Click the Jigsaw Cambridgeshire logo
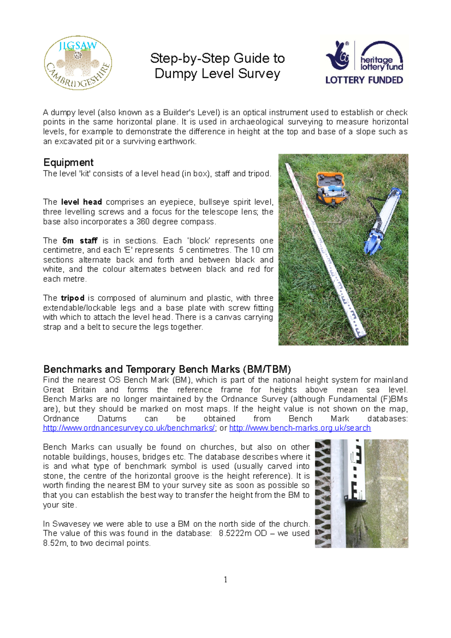78,63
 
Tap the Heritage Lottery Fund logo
364,62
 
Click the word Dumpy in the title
176,74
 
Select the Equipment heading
68,162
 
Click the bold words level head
81,202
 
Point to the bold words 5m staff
80,240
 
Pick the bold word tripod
73,298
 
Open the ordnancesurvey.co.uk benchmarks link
129,428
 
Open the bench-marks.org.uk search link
300,428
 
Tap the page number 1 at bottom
225,579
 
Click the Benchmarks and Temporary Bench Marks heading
167,369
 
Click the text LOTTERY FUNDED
364,80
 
